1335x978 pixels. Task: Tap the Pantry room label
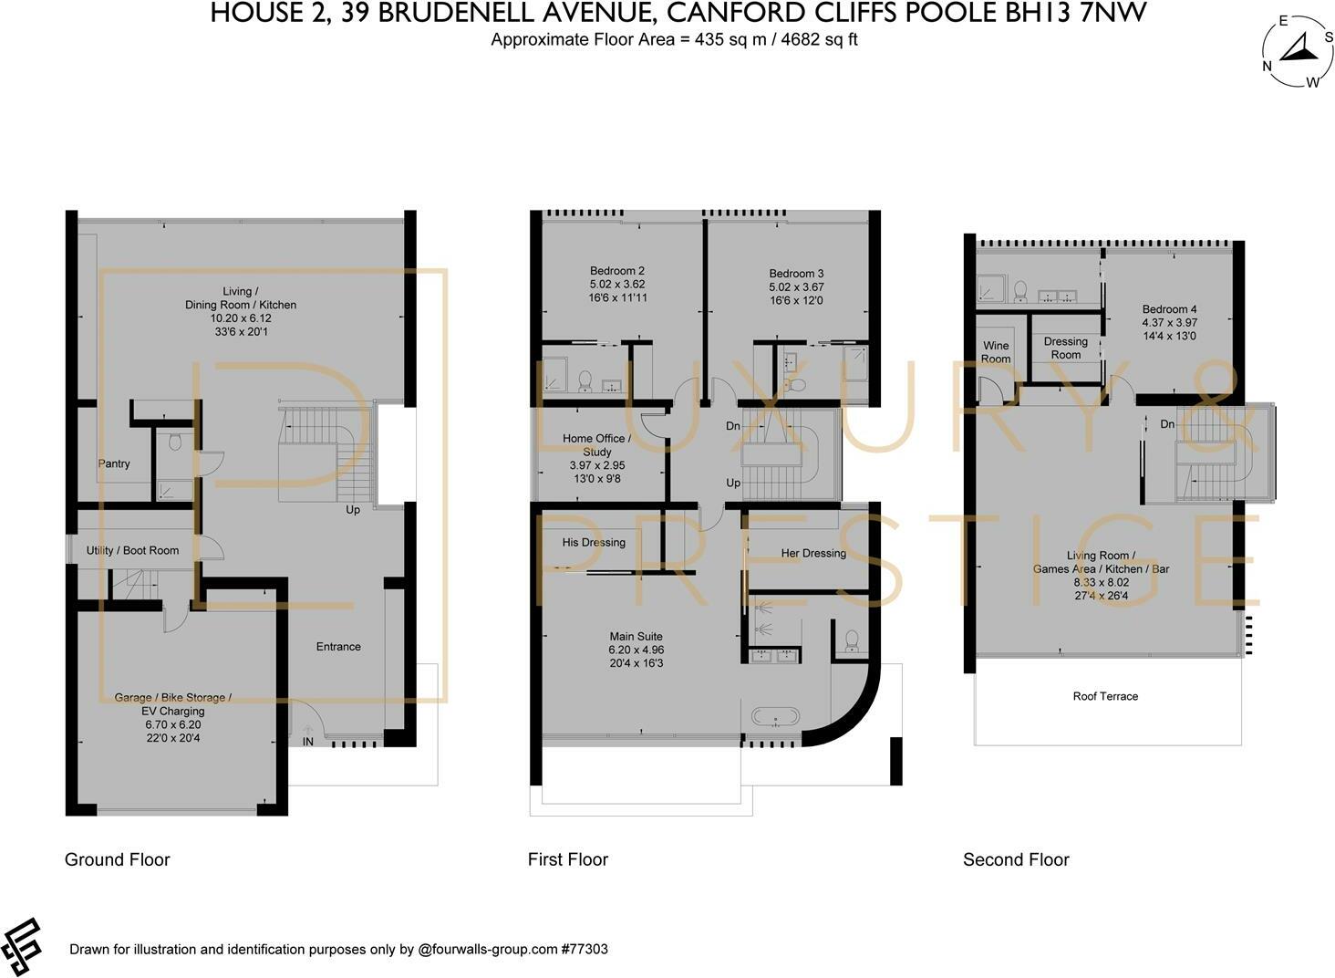tap(114, 463)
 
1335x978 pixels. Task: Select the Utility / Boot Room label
tap(132, 550)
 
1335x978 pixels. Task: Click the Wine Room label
tap(996, 352)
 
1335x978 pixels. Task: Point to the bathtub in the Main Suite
tap(775, 716)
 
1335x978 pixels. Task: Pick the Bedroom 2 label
tap(617, 271)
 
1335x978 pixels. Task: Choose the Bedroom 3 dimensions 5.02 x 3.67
tap(796, 286)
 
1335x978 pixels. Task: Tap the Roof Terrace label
tap(1105, 696)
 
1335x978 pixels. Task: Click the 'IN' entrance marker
tap(308, 742)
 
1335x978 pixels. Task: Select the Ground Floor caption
tap(117, 859)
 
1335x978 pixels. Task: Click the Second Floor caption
tap(1016, 859)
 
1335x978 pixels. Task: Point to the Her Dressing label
tap(813, 553)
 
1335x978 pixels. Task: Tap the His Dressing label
tap(594, 542)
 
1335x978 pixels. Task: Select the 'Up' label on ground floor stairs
tap(353, 510)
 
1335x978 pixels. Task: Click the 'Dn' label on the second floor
tap(1167, 424)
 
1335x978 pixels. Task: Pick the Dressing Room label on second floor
tap(1065, 348)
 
